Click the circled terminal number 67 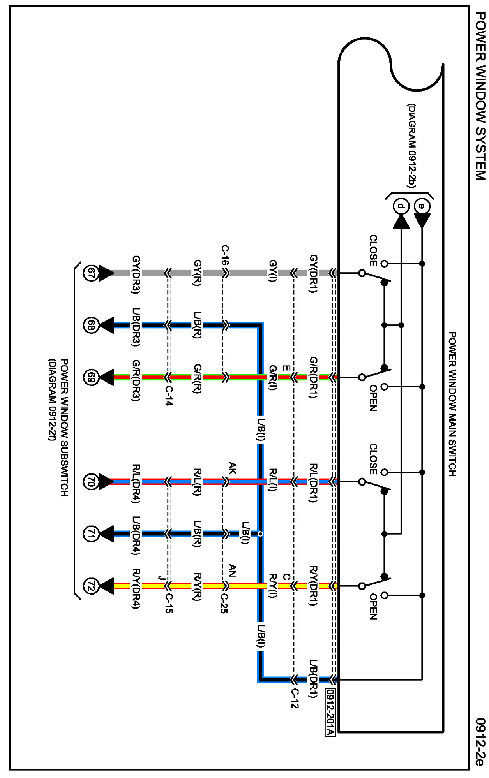tap(90, 273)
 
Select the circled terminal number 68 tap(90, 325)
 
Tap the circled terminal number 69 tap(90, 377)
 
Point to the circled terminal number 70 tap(90, 482)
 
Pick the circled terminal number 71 tap(90, 534)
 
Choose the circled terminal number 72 tap(90, 586)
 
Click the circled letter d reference tap(401, 205)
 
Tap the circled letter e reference tap(422, 205)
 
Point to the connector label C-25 tap(224, 603)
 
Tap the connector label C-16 tap(225, 255)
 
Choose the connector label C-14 tap(168, 396)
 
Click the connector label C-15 tap(168, 603)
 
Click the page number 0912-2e tap(481, 741)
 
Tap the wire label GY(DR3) tap(136, 274)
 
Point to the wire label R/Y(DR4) tap(136, 588)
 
